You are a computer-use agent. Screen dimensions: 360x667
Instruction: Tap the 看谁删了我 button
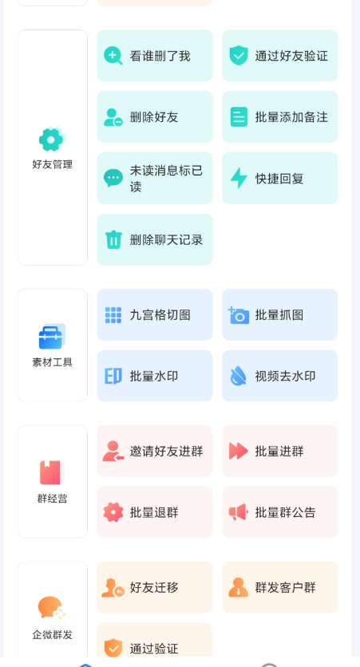coord(155,56)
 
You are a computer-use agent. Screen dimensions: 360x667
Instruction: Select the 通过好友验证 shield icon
coord(239,56)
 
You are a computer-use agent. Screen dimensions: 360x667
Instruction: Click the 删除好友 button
coord(155,117)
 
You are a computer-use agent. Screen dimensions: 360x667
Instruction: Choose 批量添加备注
coord(279,117)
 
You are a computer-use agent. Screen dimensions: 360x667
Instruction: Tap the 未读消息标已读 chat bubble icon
coord(113,178)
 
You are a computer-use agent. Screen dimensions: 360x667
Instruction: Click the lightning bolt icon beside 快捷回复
coord(239,178)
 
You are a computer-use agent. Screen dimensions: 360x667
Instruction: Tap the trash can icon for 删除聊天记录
coord(113,239)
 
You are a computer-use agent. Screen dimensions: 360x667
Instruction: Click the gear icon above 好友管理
coord(52,139)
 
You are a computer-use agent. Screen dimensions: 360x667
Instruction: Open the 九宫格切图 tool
coord(155,315)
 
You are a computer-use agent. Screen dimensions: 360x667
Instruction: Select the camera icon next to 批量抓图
coord(239,315)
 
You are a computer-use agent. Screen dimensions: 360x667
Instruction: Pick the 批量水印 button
coord(155,376)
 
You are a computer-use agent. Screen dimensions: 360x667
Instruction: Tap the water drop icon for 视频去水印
coord(239,377)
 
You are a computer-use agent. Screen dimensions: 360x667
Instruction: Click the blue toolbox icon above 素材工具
coord(52,337)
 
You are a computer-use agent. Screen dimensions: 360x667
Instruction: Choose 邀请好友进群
coord(155,451)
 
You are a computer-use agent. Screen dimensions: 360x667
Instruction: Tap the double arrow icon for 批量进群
coord(239,452)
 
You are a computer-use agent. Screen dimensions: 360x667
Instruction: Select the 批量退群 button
coord(155,512)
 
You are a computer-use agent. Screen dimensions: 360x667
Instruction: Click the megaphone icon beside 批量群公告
coord(239,512)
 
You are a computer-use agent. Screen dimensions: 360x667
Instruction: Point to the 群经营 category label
coord(52,499)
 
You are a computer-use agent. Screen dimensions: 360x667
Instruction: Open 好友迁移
coord(155,587)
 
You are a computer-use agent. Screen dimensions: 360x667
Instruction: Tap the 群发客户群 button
coord(279,587)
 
